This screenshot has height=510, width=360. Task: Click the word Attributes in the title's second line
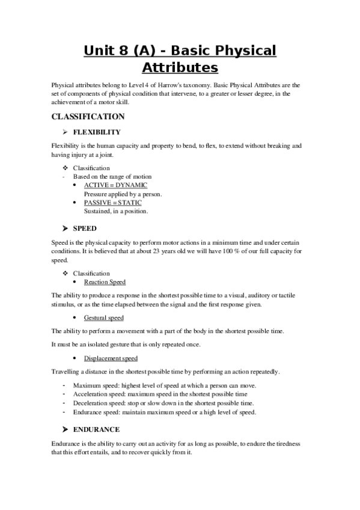(180, 67)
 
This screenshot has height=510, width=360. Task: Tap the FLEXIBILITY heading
(97, 132)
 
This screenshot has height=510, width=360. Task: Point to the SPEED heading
(85, 229)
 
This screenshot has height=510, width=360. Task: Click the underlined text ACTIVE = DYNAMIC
(115, 185)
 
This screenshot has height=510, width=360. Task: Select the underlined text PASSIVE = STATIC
(113, 203)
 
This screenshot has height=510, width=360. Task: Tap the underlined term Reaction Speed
(105, 281)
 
